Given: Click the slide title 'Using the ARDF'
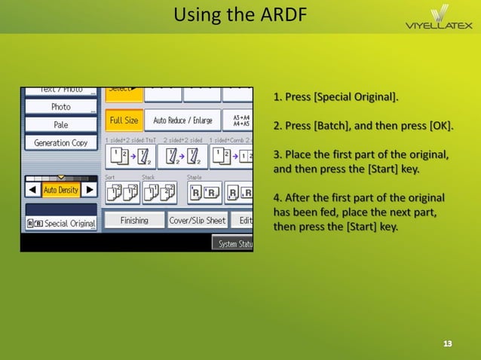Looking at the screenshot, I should [240, 14].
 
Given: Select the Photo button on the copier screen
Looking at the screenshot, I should [61, 107].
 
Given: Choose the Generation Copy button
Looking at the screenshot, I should [61, 143].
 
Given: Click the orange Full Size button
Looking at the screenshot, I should [124, 121].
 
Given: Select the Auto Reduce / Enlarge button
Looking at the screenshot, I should [182, 121].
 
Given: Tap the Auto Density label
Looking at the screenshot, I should [61, 190].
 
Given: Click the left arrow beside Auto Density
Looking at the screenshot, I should [33, 190].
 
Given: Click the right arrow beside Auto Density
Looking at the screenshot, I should [89, 190].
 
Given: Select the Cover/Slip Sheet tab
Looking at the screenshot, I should [197, 221].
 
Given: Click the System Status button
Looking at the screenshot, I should [234, 244].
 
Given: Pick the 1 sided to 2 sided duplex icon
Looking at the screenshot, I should [124, 157].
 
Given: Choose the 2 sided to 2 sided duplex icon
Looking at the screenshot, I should [182, 157].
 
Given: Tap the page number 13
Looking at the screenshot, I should [448, 343].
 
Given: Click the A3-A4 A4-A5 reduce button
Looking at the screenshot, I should [240, 121].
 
